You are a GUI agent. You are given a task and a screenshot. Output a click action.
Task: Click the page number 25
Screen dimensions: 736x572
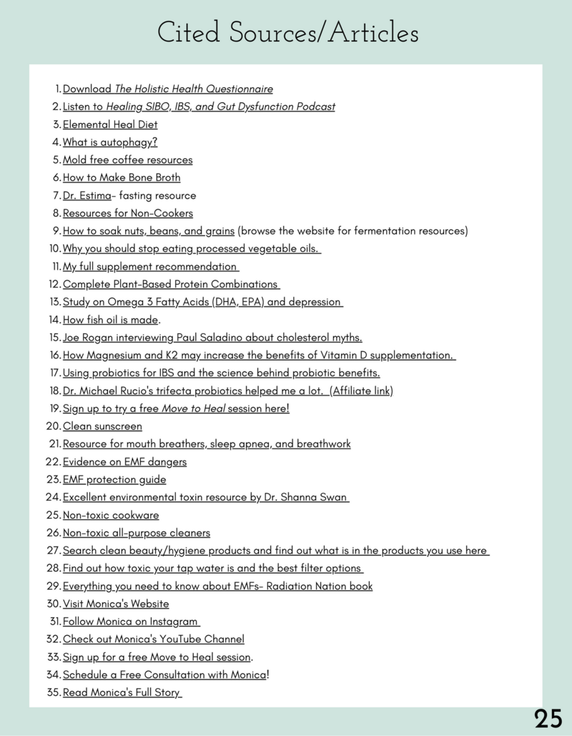pos(548,718)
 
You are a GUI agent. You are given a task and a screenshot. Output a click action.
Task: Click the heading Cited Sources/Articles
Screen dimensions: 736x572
pos(287,33)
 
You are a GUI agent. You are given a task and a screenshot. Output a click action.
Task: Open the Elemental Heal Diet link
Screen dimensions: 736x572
pos(110,124)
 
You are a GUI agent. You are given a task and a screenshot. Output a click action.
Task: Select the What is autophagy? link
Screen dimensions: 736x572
pos(110,142)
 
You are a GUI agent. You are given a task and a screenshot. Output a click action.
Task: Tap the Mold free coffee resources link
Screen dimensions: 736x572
pos(127,160)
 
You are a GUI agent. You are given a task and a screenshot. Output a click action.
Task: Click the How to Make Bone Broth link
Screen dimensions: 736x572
pos(122,177)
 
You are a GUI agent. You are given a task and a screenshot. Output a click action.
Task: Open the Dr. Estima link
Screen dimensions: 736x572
pos(82,195)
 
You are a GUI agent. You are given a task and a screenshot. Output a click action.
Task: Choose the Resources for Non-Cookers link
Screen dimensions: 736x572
pos(127,213)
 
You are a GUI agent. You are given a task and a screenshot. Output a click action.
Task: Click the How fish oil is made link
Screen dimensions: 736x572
pos(110,320)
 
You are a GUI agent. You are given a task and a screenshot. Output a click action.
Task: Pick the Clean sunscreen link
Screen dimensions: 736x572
pos(102,426)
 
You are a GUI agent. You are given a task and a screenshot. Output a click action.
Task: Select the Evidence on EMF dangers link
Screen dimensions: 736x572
pos(124,462)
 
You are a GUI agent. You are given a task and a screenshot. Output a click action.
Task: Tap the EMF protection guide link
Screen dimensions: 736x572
pos(114,479)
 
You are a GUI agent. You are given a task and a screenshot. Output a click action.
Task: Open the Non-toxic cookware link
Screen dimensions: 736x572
pos(111,515)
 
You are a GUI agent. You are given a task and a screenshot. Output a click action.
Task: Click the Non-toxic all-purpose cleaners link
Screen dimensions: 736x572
pos(137,533)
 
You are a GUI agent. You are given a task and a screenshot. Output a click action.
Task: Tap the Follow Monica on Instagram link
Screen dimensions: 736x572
pos(131,622)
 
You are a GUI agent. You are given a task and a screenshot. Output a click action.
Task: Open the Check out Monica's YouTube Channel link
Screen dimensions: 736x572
pos(154,639)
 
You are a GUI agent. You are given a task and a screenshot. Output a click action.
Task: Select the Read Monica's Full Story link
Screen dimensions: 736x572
pos(122,692)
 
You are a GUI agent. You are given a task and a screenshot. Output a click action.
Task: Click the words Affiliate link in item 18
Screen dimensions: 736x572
pos(361,391)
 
